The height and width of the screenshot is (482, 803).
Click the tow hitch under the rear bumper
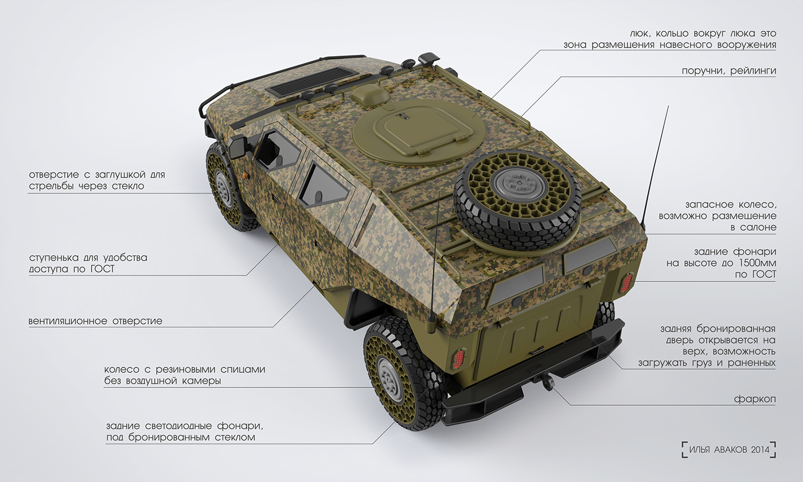(x=546, y=383)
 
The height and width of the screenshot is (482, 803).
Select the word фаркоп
(x=754, y=399)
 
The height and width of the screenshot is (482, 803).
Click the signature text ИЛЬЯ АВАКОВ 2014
(x=729, y=449)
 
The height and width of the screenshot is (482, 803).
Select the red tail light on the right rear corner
(x=626, y=283)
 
